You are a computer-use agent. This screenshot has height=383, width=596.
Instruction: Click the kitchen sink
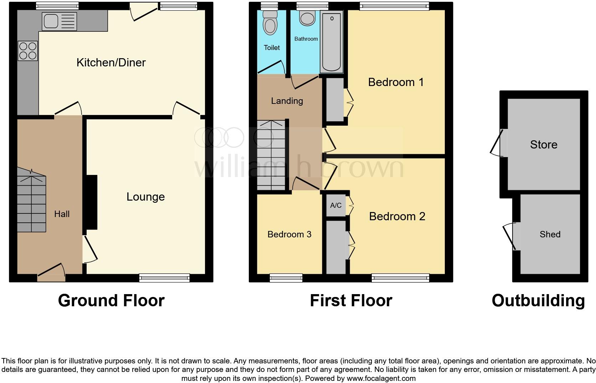pyautogui.click(x=59, y=21)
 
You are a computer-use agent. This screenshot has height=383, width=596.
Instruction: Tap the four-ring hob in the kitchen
pyautogui.click(x=27, y=51)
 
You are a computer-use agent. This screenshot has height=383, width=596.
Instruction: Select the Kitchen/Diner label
pyautogui.click(x=111, y=62)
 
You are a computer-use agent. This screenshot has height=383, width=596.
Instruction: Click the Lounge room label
pyautogui.click(x=145, y=197)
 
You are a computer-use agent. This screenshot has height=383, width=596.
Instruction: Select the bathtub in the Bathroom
pyautogui.click(x=332, y=41)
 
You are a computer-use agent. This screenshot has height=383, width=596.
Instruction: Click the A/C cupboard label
pyautogui.click(x=336, y=205)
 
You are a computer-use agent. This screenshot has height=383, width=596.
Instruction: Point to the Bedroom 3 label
pyautogui.click(x=289, y=234)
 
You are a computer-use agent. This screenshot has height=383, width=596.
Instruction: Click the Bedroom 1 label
pyautogui.click(x=396, y=82)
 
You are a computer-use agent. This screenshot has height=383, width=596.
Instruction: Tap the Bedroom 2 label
pyautogui.click(x=397, y=216)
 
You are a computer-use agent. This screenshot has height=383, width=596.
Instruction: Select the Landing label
pyautogui.click(x=287, y=101)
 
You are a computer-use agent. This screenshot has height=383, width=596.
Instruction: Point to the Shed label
pyautogui.click(x=550, y=234)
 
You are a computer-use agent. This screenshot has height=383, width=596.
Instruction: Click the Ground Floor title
pyautogui.click(x=111, y=301)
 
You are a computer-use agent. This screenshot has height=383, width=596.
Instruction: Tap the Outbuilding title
pyautogui.click(x=538, y=301)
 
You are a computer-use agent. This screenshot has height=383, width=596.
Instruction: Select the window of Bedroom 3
pyautogui.click(x=286, y=278)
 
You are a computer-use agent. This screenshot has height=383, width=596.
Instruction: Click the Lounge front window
pyautogui.click(x=164, y=278)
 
